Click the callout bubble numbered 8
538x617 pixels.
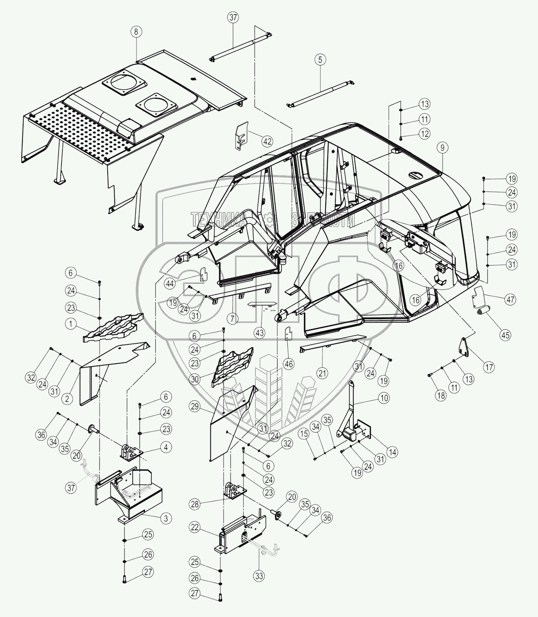(x=136, y=32)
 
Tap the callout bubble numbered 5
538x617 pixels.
(x=320, y=60)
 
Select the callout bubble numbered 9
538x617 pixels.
(x=442, y=147)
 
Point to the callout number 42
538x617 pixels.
(x=267, y=141)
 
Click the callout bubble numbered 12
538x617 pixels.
(x=425, y=133)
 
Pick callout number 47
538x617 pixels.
(x=510, y=299)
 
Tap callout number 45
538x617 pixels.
(x=505, y=335)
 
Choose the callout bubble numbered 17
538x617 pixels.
(x=489, y=367)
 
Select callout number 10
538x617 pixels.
(x=384, y=398)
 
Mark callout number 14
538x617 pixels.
(x=392, y=452)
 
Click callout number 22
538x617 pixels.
(x=195, y=527)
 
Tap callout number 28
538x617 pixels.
(x=195, y=504)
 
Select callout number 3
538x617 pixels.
(x=166, y=518)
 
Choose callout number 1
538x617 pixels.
(x=70, y=324)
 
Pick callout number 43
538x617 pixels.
(x=260, y=332)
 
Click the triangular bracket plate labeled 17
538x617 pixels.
(x=464, y=348)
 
